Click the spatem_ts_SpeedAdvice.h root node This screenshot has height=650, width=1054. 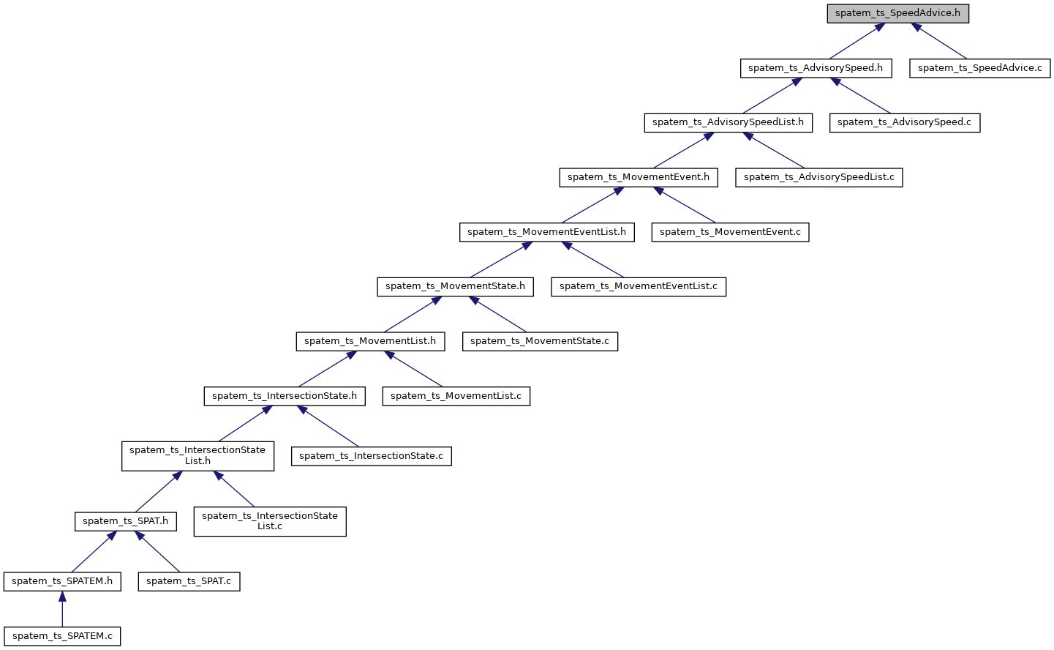tap(897, 14)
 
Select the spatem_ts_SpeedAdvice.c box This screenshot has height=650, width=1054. tap(979, 68)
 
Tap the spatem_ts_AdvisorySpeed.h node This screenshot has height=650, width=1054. tap(815, 68)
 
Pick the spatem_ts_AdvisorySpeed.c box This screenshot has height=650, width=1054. tap(904, 122)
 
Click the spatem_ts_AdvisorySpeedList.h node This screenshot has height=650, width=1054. tap(728, 122)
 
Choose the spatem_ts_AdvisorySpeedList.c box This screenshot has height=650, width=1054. tap(818, 177)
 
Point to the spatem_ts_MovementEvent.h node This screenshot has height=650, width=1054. tap(638, 177)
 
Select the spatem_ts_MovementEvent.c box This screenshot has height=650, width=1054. tap(730, 232)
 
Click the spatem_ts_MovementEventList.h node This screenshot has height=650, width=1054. tap(546, 232)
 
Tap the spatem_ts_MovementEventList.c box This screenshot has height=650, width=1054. tap(638, 286)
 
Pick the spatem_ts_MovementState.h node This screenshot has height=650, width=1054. tap(455, 286)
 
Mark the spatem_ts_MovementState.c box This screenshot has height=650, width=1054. tap(539, 341)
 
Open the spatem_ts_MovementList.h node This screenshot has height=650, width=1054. tap(369, 341)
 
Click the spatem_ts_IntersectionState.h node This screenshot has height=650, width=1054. tap(284, 396)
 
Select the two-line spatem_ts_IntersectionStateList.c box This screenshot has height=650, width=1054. tap(269, 521)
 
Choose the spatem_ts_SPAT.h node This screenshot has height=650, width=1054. tap(125, 521)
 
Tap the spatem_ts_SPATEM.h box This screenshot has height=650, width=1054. tap(62, 581)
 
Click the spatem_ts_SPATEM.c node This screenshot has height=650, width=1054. tap(62, 636)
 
